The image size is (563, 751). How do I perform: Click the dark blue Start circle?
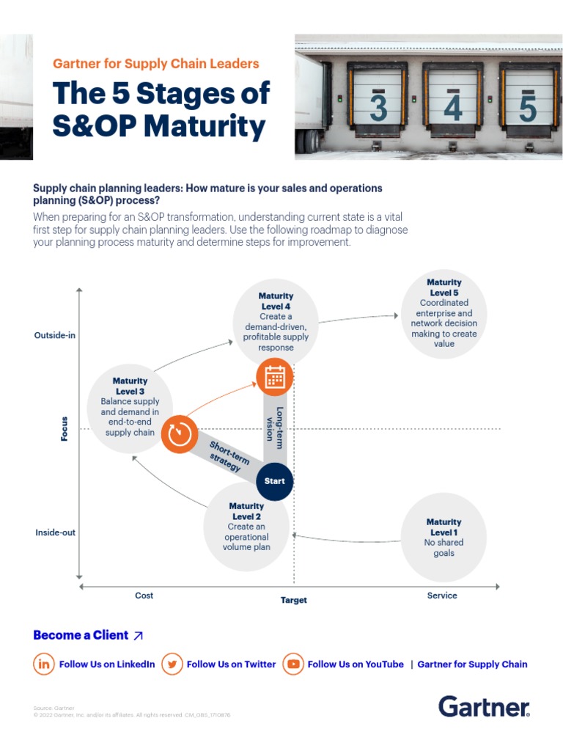(x=275, y=481)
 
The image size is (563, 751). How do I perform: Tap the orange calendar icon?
(x=275, y=377)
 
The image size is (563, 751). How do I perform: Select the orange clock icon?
(x=180, y=434)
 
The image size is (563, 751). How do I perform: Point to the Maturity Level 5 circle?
(x=444, y=313)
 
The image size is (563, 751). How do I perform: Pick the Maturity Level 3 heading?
(x=130, y=386)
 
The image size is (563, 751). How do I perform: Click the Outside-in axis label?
(x=55, y=335)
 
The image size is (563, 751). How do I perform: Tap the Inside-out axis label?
(x=55, y=532)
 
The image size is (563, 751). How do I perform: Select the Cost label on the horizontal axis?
(x=144, y=596)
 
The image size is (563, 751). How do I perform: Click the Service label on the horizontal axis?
(x=442, y=596)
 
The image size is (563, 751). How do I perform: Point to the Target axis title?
(x=294, y=600)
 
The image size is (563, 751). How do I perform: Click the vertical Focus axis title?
(x=65, y=429)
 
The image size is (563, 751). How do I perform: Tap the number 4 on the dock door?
(x=453, y=109)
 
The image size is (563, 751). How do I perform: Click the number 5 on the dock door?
(x=528, y=109)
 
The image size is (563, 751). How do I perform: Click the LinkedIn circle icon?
(x=44, y=664)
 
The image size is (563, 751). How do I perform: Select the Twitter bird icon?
(x=172, y=664)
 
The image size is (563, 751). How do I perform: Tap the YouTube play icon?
(x=293, y=664)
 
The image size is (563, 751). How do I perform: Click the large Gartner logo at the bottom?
(x=484, y=707)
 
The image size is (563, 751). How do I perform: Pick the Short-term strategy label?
(x=229, y=456)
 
